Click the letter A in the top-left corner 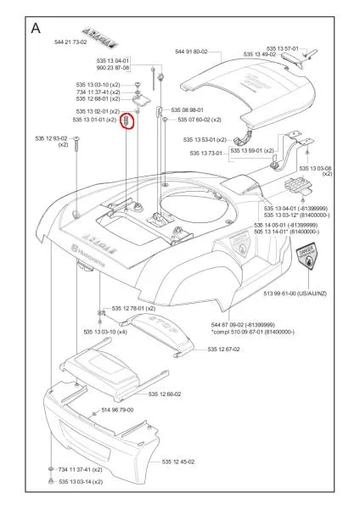(x=37, y=27)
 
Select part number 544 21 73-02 (x=70, y=42)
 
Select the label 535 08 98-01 (x=187, y=110)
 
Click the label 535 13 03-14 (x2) (x=81, y=482)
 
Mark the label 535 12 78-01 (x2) (x=133, y=309)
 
